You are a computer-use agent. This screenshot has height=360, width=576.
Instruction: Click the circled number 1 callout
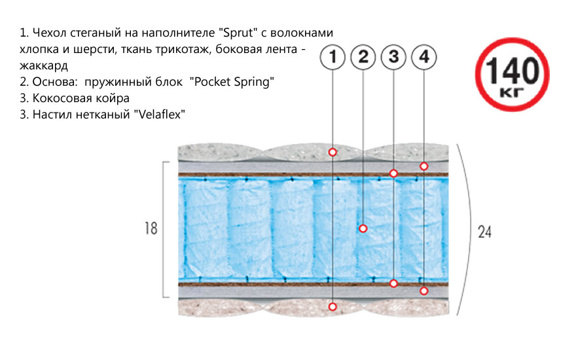point(333,58)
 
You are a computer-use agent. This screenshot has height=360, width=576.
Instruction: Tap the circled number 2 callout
point(363,58)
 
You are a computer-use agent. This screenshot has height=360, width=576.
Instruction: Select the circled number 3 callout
point(393,58)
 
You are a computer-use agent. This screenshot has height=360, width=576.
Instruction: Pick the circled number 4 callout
point(424,58)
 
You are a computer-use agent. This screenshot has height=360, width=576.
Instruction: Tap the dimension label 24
point(484,232)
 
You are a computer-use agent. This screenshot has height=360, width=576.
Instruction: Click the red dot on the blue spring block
point(363,228)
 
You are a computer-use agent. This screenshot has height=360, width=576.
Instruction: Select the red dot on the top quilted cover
point(333,152)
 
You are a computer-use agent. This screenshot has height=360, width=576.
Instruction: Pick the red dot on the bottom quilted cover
point(333,306)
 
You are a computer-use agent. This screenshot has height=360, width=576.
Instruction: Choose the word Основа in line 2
point(55,82)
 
